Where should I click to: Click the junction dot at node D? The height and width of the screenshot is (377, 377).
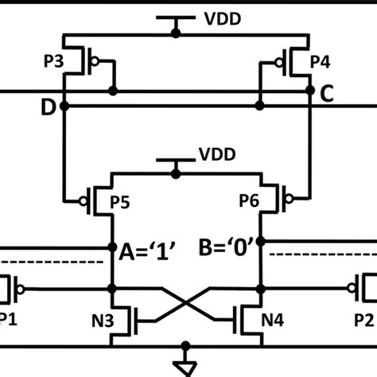coord(64,106)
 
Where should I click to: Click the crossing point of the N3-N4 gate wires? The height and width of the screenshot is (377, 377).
coord(188,302)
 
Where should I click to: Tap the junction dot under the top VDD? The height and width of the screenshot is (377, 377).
coord(177,34)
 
